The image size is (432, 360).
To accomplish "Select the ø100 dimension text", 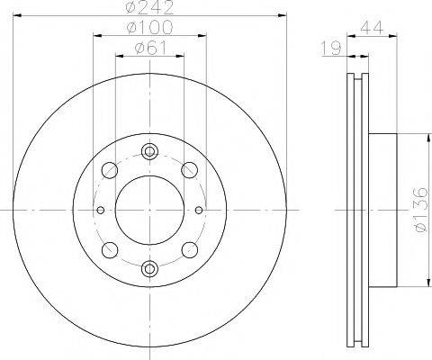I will coord(149,28).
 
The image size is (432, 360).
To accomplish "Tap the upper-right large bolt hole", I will coord(189,169).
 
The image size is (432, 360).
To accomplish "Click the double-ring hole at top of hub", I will coord(149,150).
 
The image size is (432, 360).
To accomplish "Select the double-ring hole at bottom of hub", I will coord(149,266).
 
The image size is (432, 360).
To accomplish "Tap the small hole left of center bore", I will coord(101,209).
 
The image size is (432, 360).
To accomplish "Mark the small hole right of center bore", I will coord(198,209).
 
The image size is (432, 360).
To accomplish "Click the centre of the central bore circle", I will coord(149,209).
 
